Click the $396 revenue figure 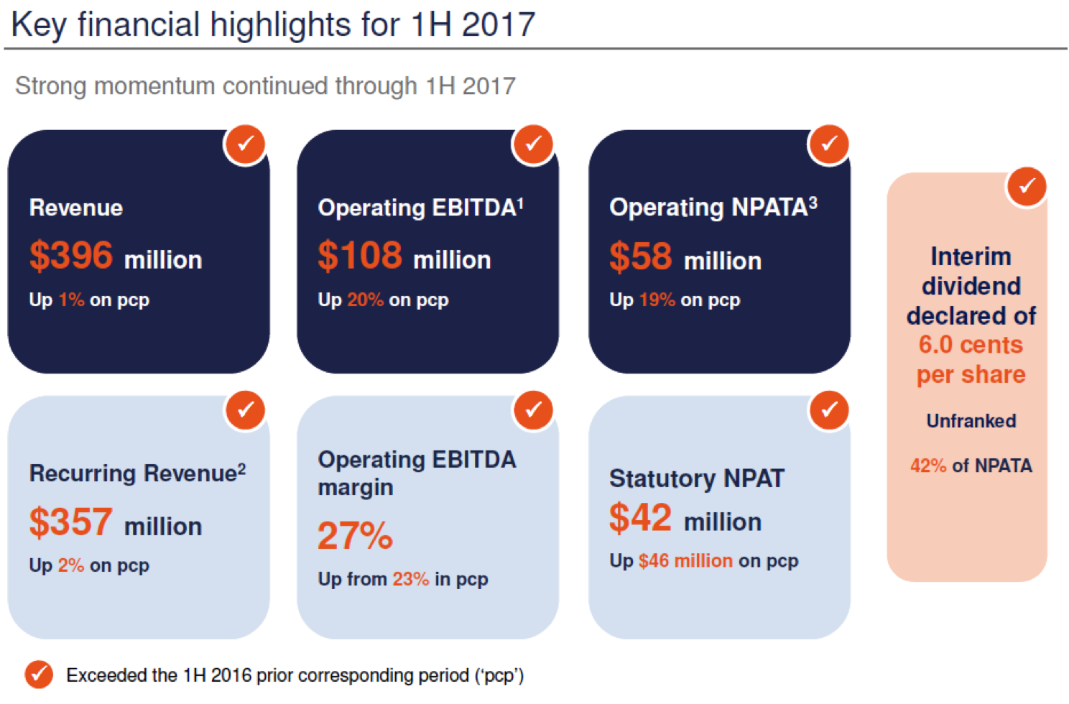click(x=71, y=256)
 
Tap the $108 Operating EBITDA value click(x=360, y=256)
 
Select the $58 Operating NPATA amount click(x=641, y=256)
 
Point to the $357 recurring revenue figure click(x=70, y=522)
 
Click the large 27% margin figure click(x=355, y=536)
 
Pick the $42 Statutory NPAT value click(x=641, y=518)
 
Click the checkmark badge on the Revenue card click(x=246, y=144)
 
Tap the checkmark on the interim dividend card click(x=1027, y=187)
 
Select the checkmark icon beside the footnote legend click(x=39, y=675)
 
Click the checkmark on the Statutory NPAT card click(x=830, y=410)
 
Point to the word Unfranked click(x=971, y=421)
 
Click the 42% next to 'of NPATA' click(x=928, y=466)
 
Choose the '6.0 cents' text click(x=970, y=345)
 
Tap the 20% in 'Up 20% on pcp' click(x=365, y=300)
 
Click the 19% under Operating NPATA click(x=657, y=300)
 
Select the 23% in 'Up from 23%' click(x=410, y=579)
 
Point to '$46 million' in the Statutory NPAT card click(x=685, y=561)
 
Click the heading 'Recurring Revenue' click(x=133, y=473)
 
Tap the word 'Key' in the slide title click(x=39, y=24)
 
